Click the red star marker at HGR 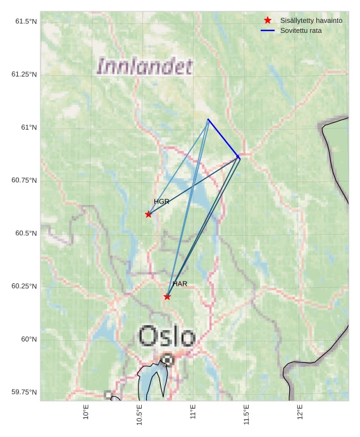pos(149,214)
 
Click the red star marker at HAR pos(167,297)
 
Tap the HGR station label pos(161,201)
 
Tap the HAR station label pos(180,284)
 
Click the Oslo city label pos(166,336)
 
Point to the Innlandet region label pos(144,66)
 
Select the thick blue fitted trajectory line pos(223,138)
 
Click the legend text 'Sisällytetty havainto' pos(311,21)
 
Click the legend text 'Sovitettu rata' pos(301,30)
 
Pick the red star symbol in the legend pos(268,21)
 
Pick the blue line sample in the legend pos(268,30)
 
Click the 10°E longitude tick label pos(86,412)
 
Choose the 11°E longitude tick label pos(193,412)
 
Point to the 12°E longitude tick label pos(300,412)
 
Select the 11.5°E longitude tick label pos(246,415)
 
